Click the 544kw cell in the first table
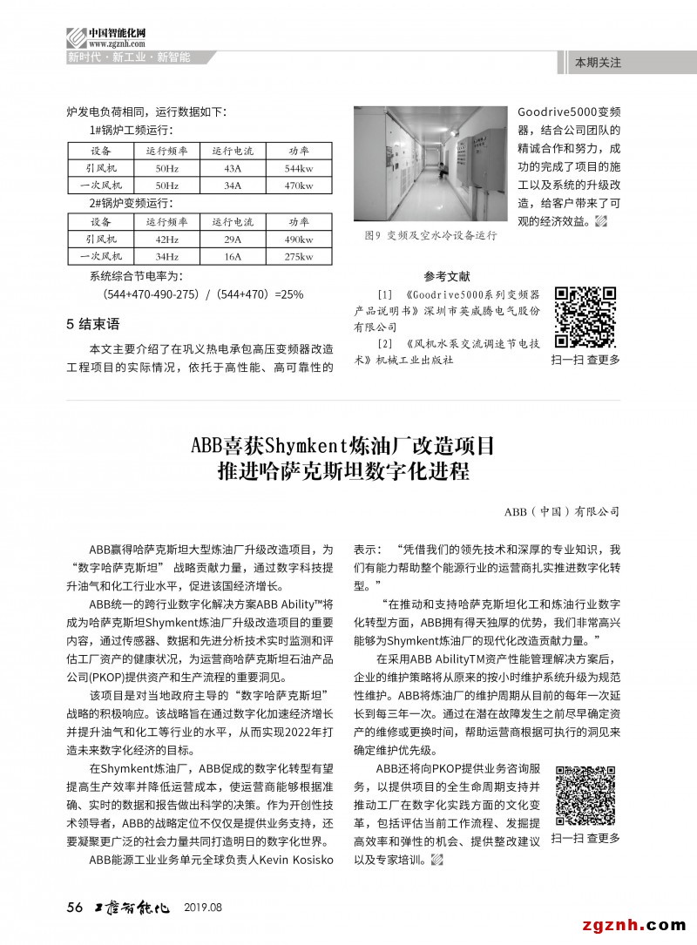coord(299,168)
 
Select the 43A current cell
coord(232,168)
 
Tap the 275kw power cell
coord(299,257)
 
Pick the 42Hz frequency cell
coord(166,240)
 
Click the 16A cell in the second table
coord(232,257)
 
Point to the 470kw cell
coord(299,186)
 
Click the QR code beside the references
coord(585,316)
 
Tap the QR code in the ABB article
coord(585,796)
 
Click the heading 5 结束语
coord(93,324)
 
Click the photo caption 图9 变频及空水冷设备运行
coord(430,236)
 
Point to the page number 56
coord(74,908)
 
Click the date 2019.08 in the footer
coord(203,908)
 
